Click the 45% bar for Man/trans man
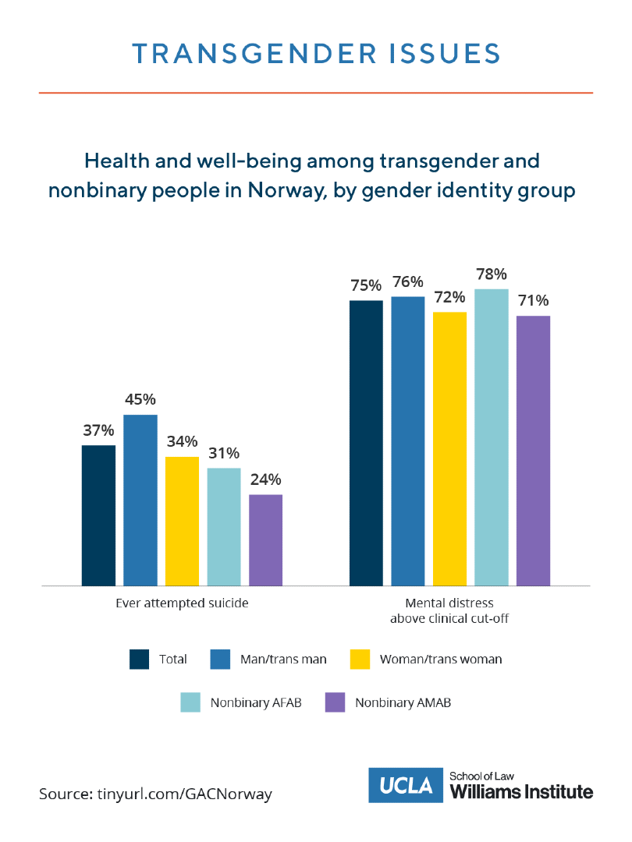point(140,500)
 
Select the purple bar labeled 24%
point(265,540)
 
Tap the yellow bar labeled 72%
point(449,448)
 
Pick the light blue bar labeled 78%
point(492,437)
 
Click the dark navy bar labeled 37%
point(98,515)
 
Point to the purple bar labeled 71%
point(534,450)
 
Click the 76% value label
point(408,281)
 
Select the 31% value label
point(224,453)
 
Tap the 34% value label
point(182,441)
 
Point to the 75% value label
point(366,285)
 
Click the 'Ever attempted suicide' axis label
point(182,603)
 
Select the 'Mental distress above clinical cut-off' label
point(449,610)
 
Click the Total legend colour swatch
point(140,659)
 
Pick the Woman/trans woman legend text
point(441,659)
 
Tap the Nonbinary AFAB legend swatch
point(191,702)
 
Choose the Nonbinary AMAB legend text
point(403,702)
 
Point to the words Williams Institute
point(522,792)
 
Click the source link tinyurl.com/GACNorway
point(185,794)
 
